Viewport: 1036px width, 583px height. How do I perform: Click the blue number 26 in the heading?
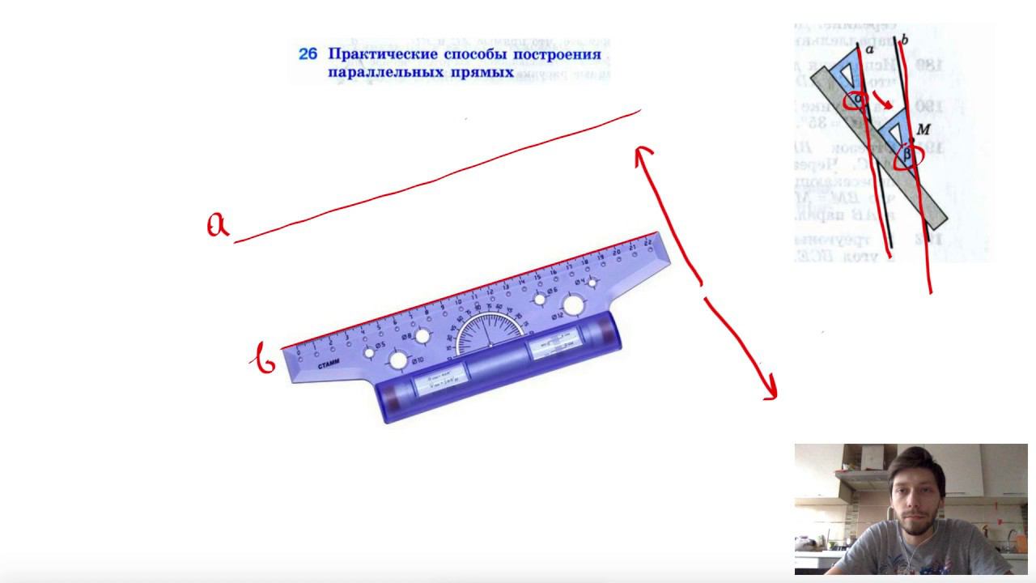pos(308,54)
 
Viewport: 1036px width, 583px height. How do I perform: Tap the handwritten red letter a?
pos(217,225)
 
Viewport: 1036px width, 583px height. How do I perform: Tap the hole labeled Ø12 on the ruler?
pos(573,305)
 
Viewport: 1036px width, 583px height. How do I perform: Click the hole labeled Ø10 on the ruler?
pos(398,360)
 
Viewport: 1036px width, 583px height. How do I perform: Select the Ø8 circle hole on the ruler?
pos(422,335)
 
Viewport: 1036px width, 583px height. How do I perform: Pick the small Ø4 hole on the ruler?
pos(592,283)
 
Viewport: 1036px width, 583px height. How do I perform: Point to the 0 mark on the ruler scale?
pos(299,354)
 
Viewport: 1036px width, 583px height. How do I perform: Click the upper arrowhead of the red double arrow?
pos(643,151)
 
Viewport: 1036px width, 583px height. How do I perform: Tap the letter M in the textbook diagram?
pos(923,129)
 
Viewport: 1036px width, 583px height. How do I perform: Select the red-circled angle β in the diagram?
pos(906,154)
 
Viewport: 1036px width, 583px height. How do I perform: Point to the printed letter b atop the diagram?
pos(904,39)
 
